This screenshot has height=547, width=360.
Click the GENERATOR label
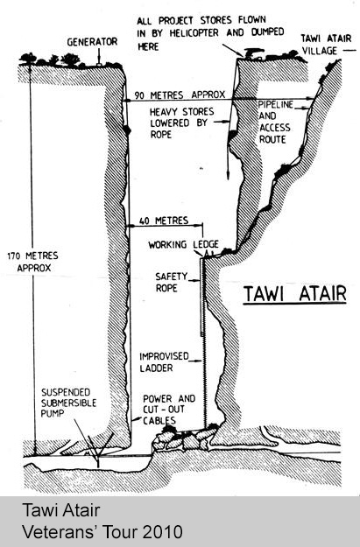coord(92,42)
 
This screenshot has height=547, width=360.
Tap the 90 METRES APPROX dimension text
coord(180,95)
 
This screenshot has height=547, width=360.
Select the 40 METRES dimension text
coord(164,221)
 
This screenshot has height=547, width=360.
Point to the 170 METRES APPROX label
coord(32,262)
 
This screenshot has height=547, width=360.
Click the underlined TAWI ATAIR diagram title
coord(294,293)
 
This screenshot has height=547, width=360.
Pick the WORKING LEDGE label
coord(183,244)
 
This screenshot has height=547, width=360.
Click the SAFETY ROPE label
coord(171,282)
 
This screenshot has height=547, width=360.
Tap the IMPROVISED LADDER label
coord(164,362)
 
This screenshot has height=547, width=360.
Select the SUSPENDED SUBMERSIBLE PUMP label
coord(68,403)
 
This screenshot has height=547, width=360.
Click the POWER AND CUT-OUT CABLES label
coord(169,410)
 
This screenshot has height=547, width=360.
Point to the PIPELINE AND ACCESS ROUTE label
coord(276,122)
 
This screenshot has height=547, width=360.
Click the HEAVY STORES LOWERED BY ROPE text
coord(181,123)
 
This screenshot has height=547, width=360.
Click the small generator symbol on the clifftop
coord(99,64)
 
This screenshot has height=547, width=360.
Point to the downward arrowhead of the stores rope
coord(228,175)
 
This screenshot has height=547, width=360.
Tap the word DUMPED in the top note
coord(267,32)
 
